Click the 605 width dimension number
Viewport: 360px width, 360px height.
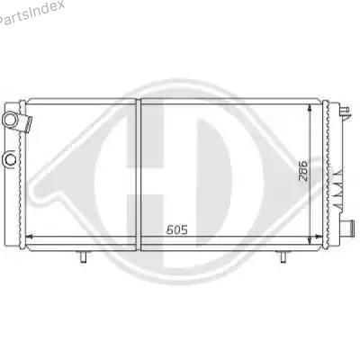(x=177, y=229)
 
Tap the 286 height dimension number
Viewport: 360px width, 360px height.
(x=303, y=171)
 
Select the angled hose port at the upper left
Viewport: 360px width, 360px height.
(x=17, y=121)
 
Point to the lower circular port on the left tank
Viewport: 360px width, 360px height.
(x=11, y=158)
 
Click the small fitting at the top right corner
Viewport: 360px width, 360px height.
(x=345, y=111)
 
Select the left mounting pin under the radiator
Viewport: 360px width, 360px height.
(x=84, y=256)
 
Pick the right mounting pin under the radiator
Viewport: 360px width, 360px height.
(x=283, y=256)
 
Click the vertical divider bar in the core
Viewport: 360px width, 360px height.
(x=139, y=175)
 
